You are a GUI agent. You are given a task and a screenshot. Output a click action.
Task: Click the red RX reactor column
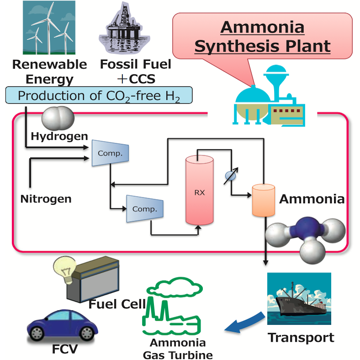pos(199,190)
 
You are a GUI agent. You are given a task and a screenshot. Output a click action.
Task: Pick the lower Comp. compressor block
pos(144,209)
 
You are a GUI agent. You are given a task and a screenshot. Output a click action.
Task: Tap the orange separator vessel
pos(263,199)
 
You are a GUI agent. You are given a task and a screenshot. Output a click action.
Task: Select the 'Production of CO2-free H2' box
pos(98,95)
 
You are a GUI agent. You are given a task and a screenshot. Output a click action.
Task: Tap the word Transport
pos(301,338)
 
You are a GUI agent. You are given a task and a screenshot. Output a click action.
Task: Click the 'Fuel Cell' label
pos(117,304)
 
